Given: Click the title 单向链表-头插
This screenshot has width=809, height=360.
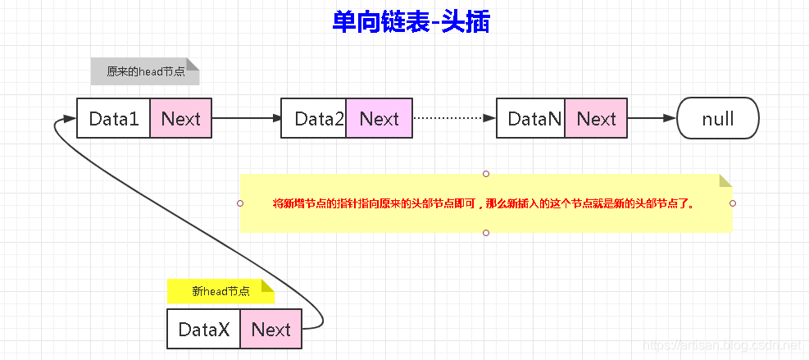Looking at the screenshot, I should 411,22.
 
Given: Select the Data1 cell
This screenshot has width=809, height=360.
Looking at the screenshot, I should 114,119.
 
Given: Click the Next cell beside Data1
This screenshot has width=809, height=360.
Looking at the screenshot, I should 180,119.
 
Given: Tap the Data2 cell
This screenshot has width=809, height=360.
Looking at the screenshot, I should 314,119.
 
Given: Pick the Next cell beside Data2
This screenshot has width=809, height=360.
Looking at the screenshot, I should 379,119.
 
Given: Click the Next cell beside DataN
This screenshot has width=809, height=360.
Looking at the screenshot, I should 596,119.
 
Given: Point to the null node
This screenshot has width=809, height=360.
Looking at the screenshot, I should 718,119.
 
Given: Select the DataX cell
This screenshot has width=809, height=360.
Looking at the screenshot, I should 204,330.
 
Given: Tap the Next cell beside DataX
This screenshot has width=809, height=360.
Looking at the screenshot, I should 270,330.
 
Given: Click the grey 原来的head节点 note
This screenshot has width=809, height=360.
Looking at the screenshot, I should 145,71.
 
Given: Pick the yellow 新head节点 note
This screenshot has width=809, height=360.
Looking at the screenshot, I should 220,291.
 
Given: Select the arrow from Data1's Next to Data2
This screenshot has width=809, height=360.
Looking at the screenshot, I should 246,119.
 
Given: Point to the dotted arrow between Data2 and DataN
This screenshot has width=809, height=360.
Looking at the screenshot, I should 453,119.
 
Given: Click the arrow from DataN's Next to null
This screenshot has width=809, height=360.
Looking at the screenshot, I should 652,119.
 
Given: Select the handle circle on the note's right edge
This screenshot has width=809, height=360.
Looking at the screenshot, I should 733,203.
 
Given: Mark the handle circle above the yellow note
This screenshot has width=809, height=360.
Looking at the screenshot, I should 486,174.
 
